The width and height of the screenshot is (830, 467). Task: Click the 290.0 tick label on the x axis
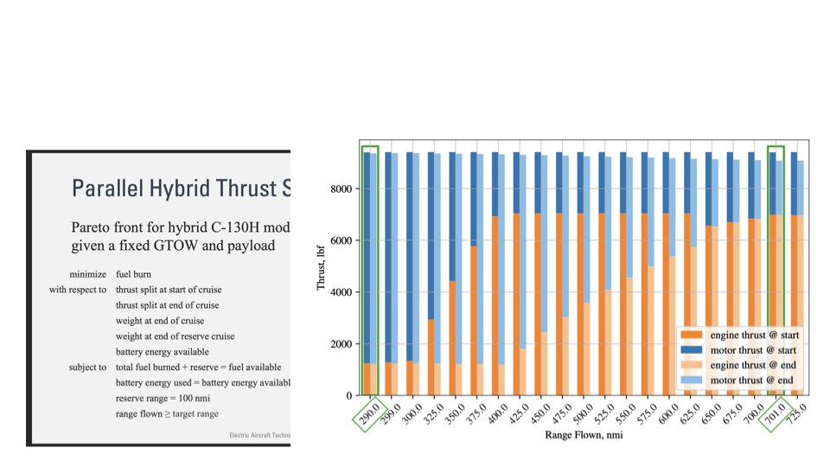pos(372,413)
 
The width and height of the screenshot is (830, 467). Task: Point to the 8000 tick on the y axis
pos(339,189)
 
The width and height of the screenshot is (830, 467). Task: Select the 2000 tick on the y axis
pos(339,344)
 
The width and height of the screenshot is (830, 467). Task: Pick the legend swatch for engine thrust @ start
pos(693,335)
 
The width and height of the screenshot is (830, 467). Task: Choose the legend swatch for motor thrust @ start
pos(693,350)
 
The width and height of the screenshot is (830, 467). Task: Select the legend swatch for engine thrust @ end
pos(693,365)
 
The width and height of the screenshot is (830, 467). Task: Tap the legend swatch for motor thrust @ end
pos(693,381)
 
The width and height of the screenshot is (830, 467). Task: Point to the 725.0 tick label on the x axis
pos(795,413)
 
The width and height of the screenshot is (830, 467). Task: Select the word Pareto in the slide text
pos(93,227)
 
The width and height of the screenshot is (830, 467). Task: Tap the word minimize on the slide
pos(88,274)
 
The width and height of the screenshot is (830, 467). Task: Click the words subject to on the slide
pos(88,368)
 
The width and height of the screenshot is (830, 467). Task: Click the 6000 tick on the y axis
pos(339,240)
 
